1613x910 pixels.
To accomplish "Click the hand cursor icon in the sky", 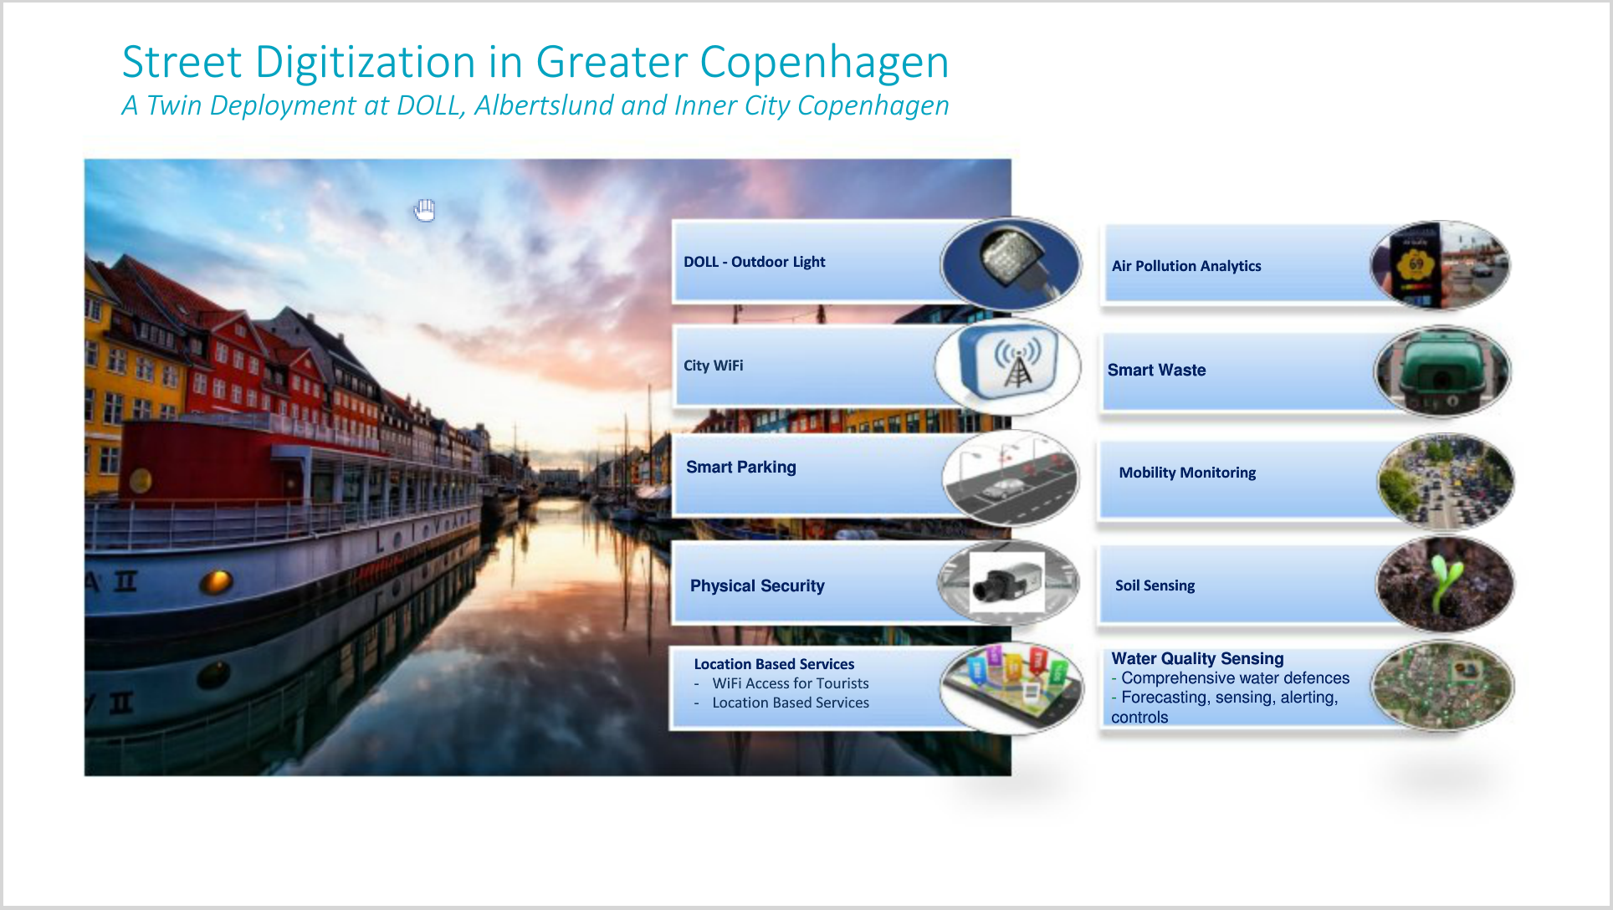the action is click(x=425, y=211).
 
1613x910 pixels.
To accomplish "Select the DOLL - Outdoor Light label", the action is click(x=754, y=262).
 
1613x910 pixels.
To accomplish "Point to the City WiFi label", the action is click(x=713, y=366).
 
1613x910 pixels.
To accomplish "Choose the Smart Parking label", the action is click(x=740, y=468).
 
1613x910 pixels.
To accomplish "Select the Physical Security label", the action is click(x=757, y=586).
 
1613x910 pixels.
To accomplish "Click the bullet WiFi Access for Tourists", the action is click(x=790, y=683).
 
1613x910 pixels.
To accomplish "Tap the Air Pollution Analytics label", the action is click(x=1186, y=266).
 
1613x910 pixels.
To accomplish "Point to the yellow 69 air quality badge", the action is click(x=1416, y=264).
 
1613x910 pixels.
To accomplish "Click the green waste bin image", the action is click(x=1442, y=371).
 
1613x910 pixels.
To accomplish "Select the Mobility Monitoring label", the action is click(x=1187, y=473).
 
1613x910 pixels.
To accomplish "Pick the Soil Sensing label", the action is click(x=1155, y=585).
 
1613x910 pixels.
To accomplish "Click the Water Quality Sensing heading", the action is click(x=1197, y=658).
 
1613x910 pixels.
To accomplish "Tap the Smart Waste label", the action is click(x=1156, y=370).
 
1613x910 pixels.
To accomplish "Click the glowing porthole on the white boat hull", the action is click(x=217, y=580).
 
